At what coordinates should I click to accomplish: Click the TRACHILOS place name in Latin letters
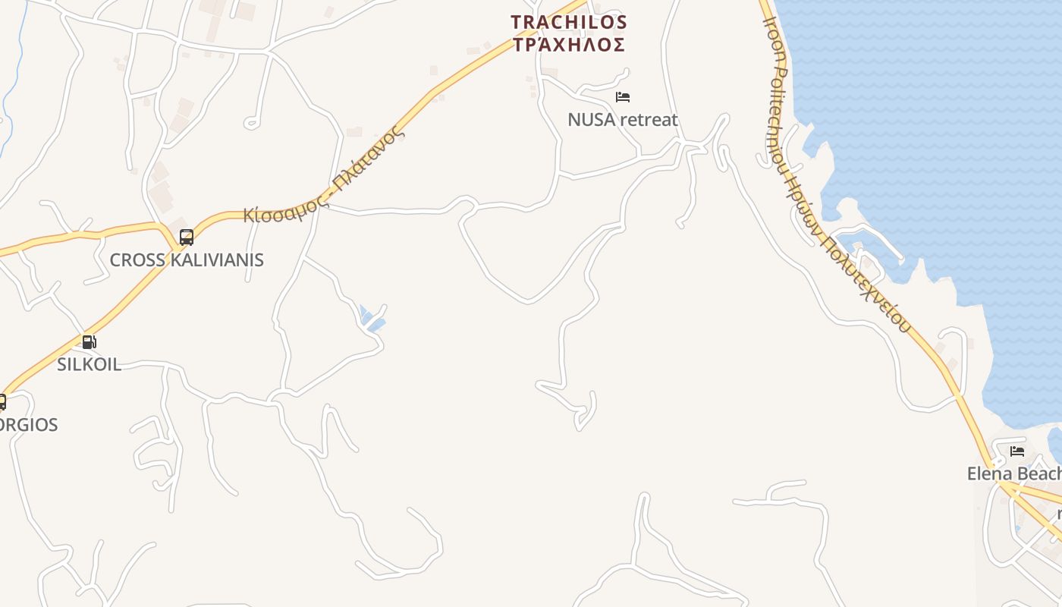[569, 22]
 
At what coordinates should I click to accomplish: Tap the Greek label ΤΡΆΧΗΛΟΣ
[569, 45]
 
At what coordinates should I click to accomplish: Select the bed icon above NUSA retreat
[623, 97]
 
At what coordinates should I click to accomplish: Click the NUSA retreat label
[623, 120]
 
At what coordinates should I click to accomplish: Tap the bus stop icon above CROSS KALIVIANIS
[187, 237]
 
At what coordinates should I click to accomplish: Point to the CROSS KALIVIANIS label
[187, 260]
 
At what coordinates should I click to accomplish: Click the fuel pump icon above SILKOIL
[89, 342]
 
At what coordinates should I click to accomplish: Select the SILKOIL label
[89, 364]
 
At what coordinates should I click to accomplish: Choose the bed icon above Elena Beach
[1017, 451]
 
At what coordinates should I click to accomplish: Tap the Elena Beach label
[1013, 474]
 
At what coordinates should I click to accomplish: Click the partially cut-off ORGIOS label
[29, 425]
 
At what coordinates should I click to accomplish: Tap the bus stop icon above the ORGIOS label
[2, 401]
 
